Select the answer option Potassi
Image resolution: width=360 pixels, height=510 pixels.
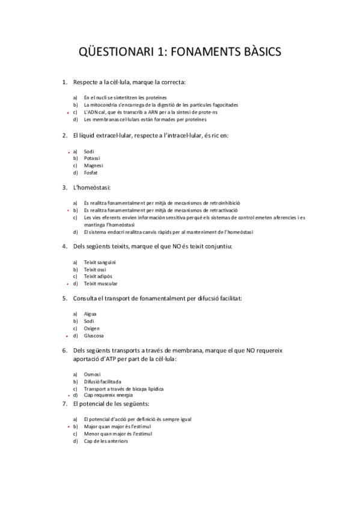point(92,158)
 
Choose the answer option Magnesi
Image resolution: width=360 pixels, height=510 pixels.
point(93,165)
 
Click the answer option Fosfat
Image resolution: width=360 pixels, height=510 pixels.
point(91,173)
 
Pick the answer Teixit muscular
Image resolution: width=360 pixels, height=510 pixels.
point(100,283)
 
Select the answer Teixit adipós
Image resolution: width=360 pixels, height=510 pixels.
point(98,276)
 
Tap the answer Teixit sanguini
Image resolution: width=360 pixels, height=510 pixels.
point(100,262)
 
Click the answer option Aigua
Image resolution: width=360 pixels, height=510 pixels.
point(90,313)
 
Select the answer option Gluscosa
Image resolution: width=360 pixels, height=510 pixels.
point(94,336)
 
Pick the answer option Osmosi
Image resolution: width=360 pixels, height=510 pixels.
point(92,374)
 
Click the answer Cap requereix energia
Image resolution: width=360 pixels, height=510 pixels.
point(108,396)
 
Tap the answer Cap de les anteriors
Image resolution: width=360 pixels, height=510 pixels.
point(106,441)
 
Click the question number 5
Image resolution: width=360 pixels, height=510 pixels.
point(64,298)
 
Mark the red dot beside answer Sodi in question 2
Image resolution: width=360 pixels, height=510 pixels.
point(67,152)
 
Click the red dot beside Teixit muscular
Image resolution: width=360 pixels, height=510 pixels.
point(67,284)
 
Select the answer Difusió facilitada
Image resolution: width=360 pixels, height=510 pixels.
point(102,381)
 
